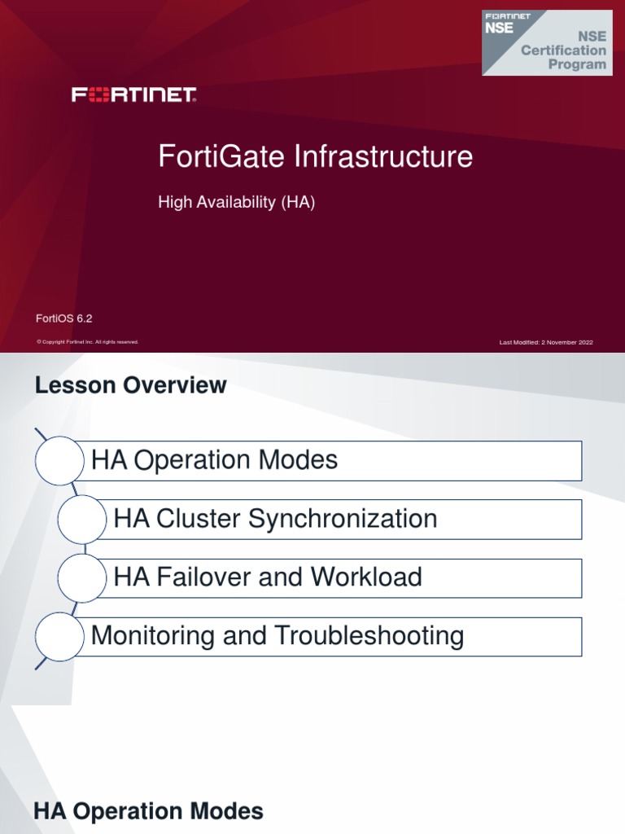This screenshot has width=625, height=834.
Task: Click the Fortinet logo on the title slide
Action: pyautogui.click(x=134, y=95)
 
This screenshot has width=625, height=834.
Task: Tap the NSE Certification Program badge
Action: pyautogui.click(x=546, y=42)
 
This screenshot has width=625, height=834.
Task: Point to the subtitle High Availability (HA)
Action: pyautogui.click(x=236, y=203)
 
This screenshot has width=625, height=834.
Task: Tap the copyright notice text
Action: pyautogui.click(x=87, y=342)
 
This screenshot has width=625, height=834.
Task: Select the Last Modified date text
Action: pyautogui.click(x=546, y=342)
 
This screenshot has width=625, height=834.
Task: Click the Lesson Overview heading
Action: pyautogui.click(x=131, y=385)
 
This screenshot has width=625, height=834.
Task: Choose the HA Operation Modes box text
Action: pyautogui.click(x=215, y=460)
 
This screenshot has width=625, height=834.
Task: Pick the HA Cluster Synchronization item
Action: pyautogui.click(x=275, y=519)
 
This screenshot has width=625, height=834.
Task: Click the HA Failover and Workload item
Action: pyautogui.click(x=268, y=577)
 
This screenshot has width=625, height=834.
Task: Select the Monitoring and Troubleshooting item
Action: pyautogui.click(x=278, y=636)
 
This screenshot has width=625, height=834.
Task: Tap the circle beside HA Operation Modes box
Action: pyautogui.click(x=59, y=461)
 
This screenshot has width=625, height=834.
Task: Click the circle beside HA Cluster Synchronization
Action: pyautogui.click(x=82, y=520)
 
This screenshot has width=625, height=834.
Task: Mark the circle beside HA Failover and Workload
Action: pyautogui.click(x=82, y=578)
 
